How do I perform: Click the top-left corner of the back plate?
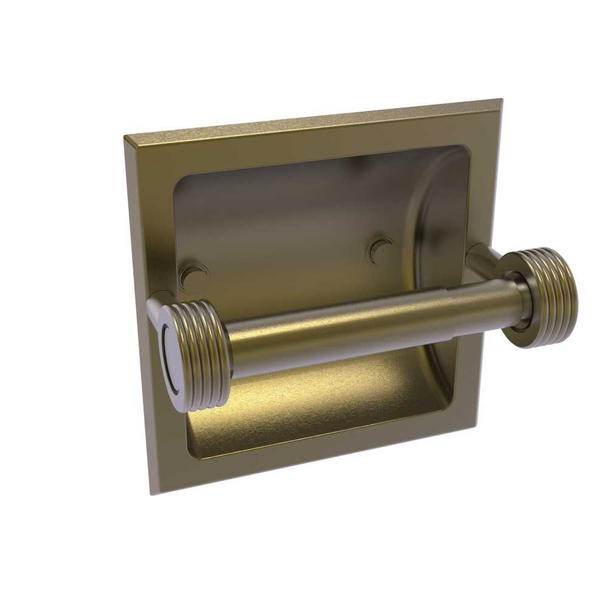125,137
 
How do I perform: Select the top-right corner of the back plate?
501,99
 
